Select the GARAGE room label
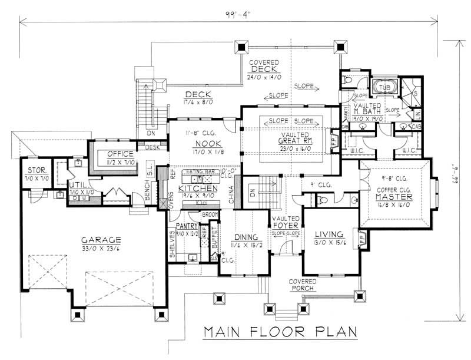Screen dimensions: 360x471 tap(101, 240)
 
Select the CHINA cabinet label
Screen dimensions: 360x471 tap(232, 196)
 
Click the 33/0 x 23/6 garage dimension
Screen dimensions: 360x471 tap(101, 248)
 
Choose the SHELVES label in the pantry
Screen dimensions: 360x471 tap(173, 246)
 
